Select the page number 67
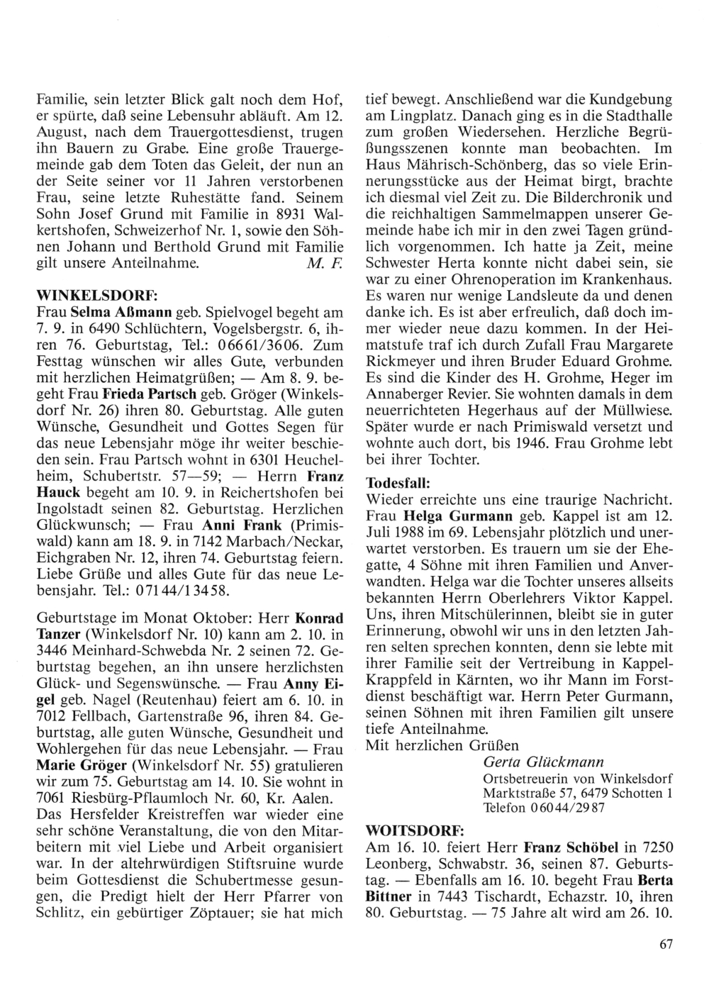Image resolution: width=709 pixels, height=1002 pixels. pos(664,943)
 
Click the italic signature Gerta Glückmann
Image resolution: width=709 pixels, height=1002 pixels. pos(542,762)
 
